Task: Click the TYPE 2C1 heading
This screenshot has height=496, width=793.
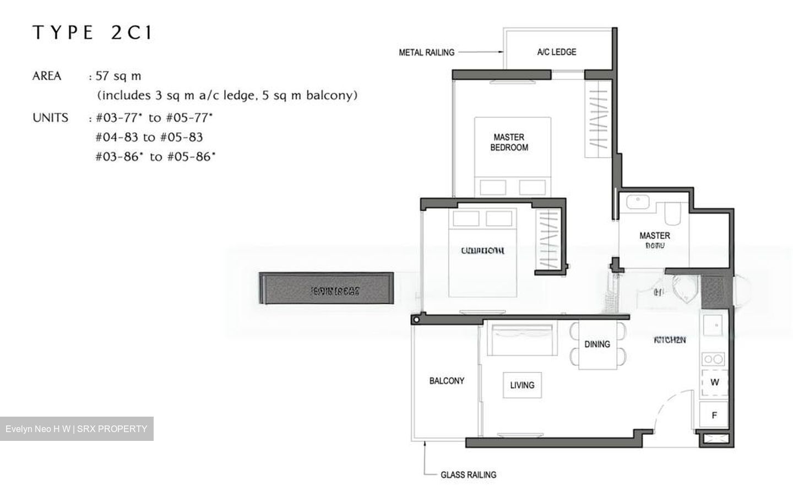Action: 92,33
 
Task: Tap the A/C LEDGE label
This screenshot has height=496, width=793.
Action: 556,52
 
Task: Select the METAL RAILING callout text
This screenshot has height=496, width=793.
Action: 426,52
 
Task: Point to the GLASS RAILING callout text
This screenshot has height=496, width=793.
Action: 468,475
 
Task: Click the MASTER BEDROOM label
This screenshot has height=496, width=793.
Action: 509,142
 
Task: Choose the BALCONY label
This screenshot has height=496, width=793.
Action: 447,381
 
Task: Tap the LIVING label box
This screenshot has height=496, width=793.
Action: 522,385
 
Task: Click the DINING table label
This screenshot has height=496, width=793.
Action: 597,344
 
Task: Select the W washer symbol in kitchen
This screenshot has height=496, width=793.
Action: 714,382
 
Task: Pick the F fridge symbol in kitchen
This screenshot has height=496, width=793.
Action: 714,415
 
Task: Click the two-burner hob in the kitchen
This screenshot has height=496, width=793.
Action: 714,359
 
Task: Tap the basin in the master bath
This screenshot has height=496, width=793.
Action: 638,202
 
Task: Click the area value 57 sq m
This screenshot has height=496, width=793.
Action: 118,76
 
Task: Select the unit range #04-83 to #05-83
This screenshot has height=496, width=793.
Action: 149,137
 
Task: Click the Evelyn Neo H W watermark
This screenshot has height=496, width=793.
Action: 77,429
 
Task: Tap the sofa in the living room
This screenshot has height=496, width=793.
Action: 521,341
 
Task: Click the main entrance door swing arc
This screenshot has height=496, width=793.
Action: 672,405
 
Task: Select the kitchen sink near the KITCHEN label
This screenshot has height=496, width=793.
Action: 714,326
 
